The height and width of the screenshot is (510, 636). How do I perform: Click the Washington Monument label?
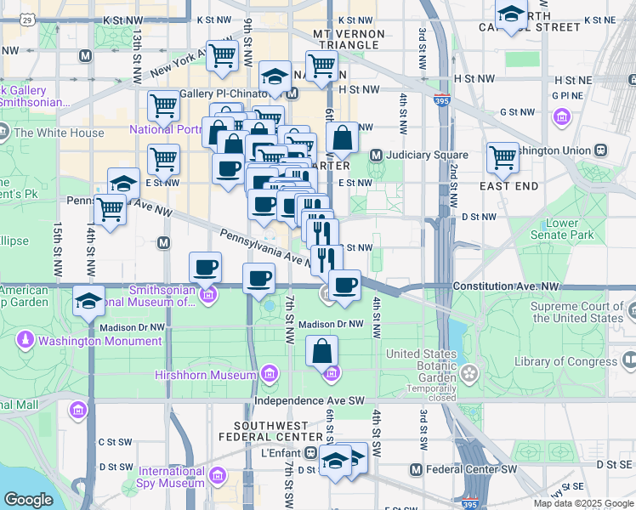point(99,341)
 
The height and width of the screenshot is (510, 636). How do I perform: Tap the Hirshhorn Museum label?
point(205,375)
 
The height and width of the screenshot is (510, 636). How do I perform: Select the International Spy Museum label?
point(172,477)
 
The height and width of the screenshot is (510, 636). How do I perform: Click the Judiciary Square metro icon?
point(375,156)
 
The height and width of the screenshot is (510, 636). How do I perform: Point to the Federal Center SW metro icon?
point(416,469)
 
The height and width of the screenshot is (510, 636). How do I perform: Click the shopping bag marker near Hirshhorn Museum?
point(322,351)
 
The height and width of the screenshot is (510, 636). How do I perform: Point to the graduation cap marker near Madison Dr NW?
point(88,303)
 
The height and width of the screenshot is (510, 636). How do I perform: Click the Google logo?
point(28,500)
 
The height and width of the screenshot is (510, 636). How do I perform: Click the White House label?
point(59,133)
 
